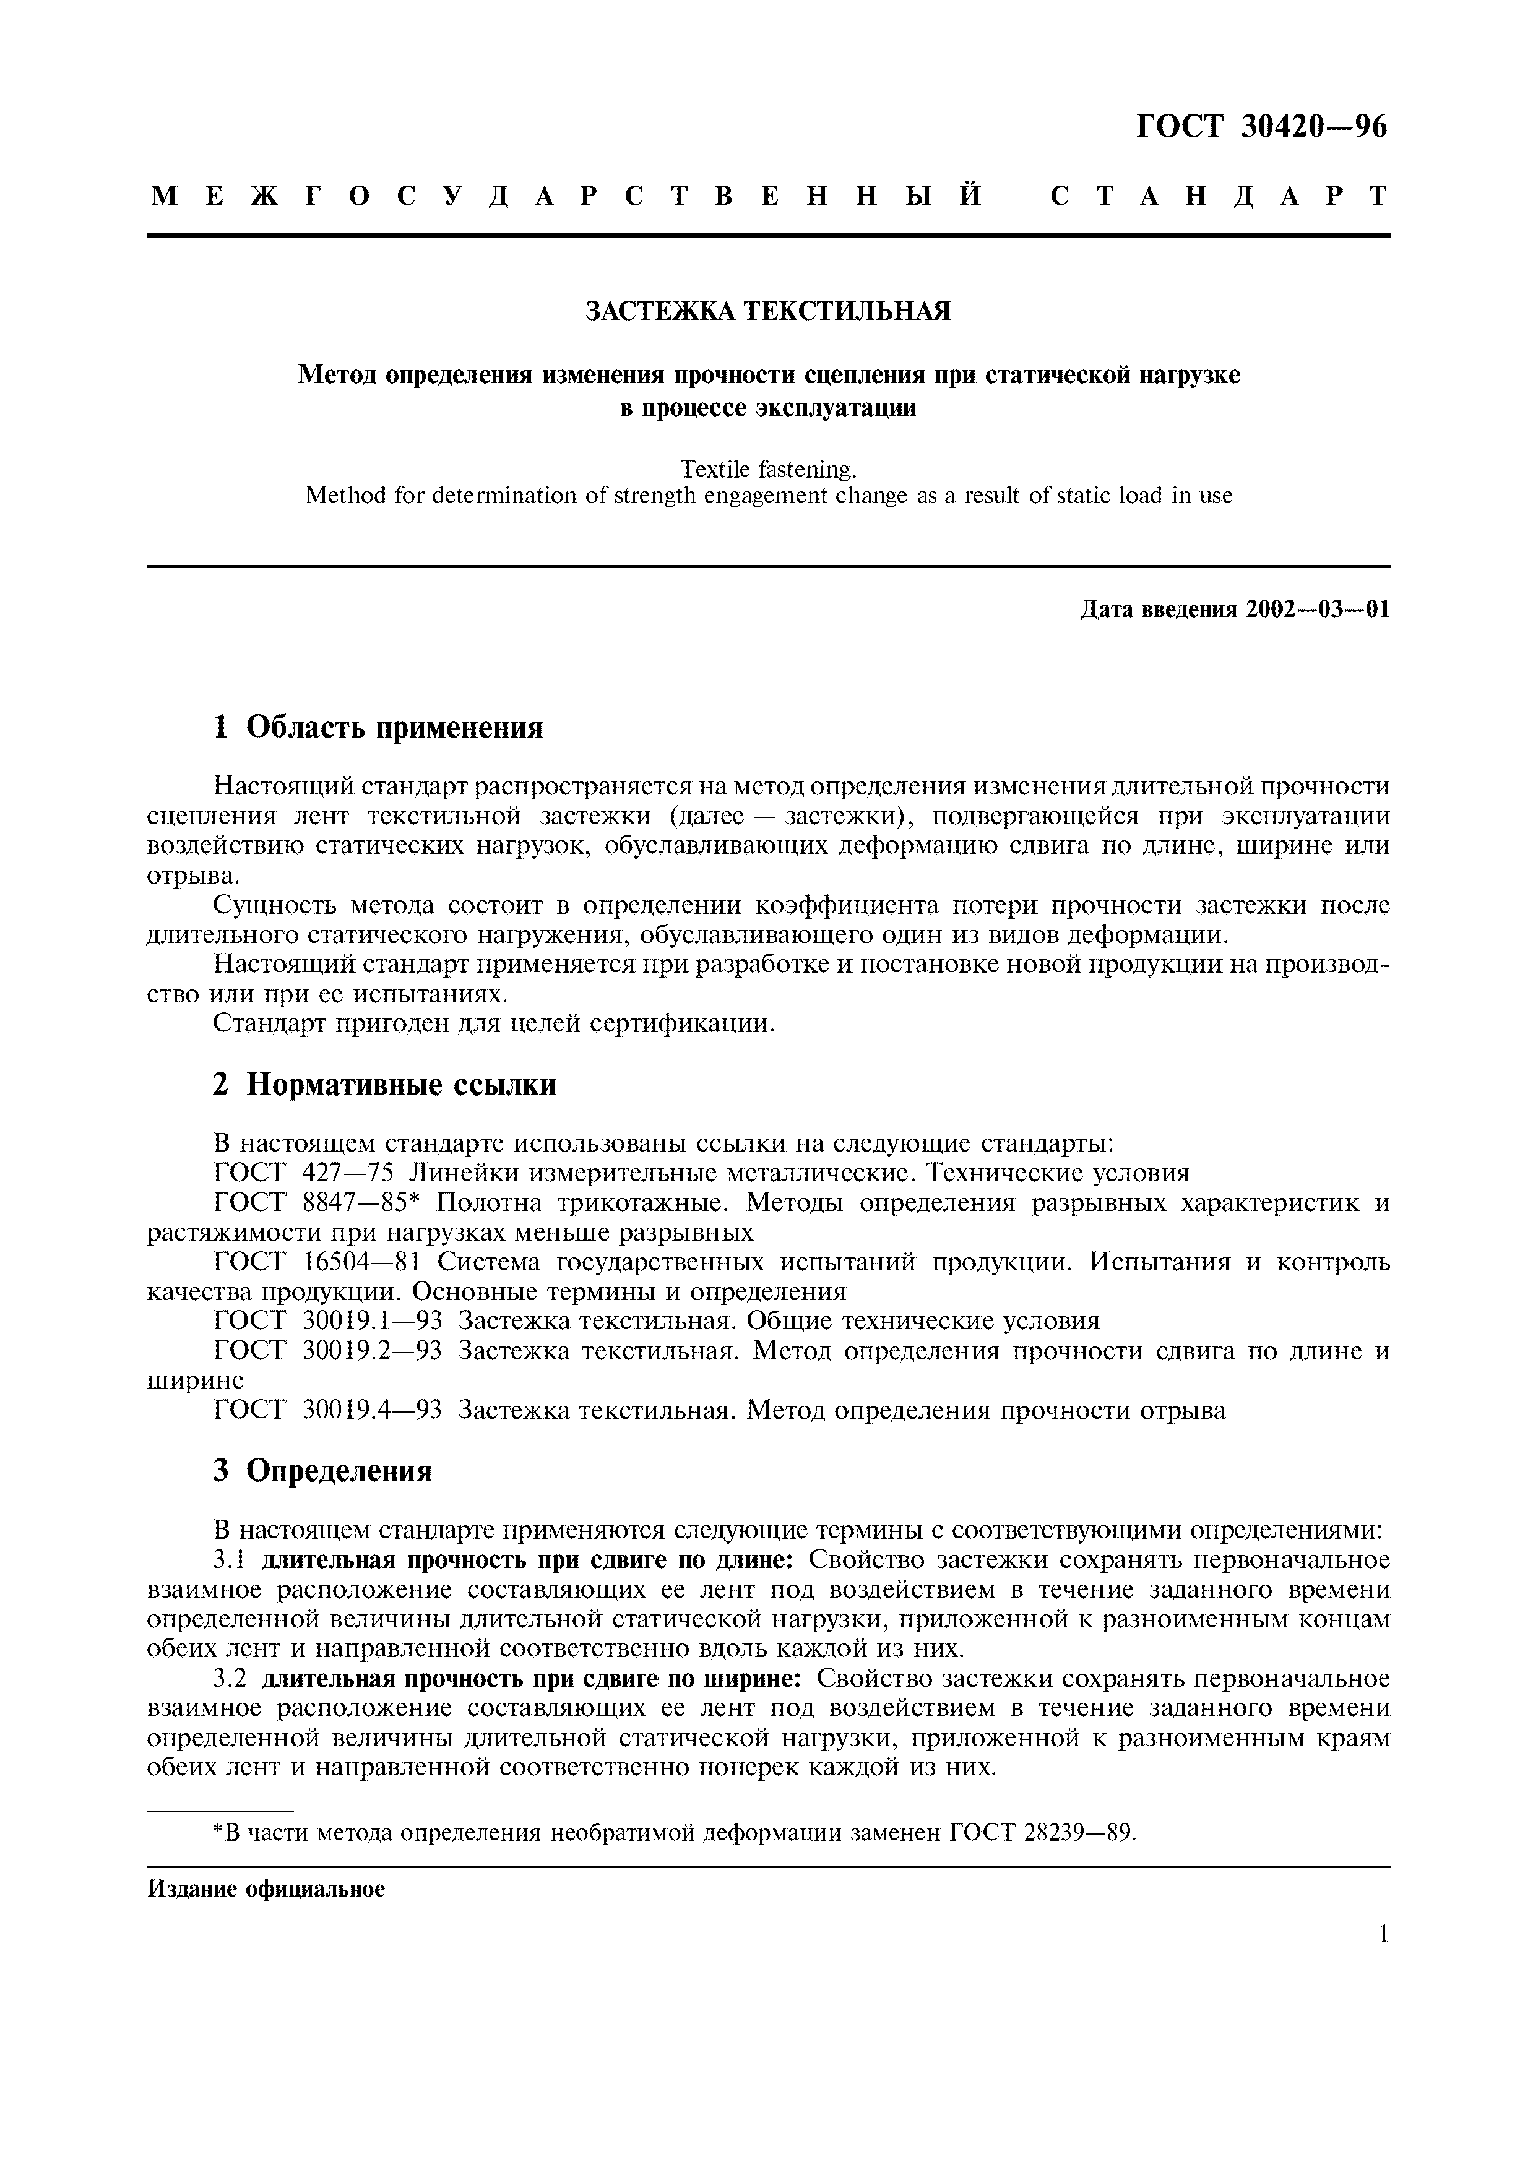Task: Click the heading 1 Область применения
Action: click(x=378, y=728)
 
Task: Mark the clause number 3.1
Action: click(x=230, y=1559)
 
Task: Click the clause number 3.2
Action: click(x=230, y=1679)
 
